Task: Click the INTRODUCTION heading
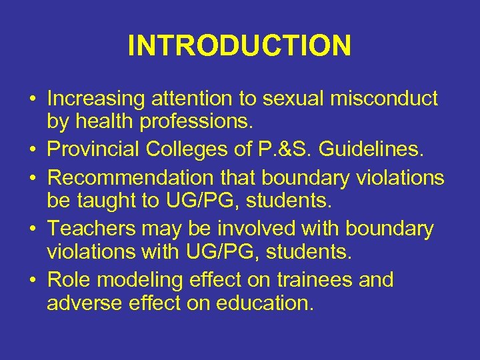[239, 46]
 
